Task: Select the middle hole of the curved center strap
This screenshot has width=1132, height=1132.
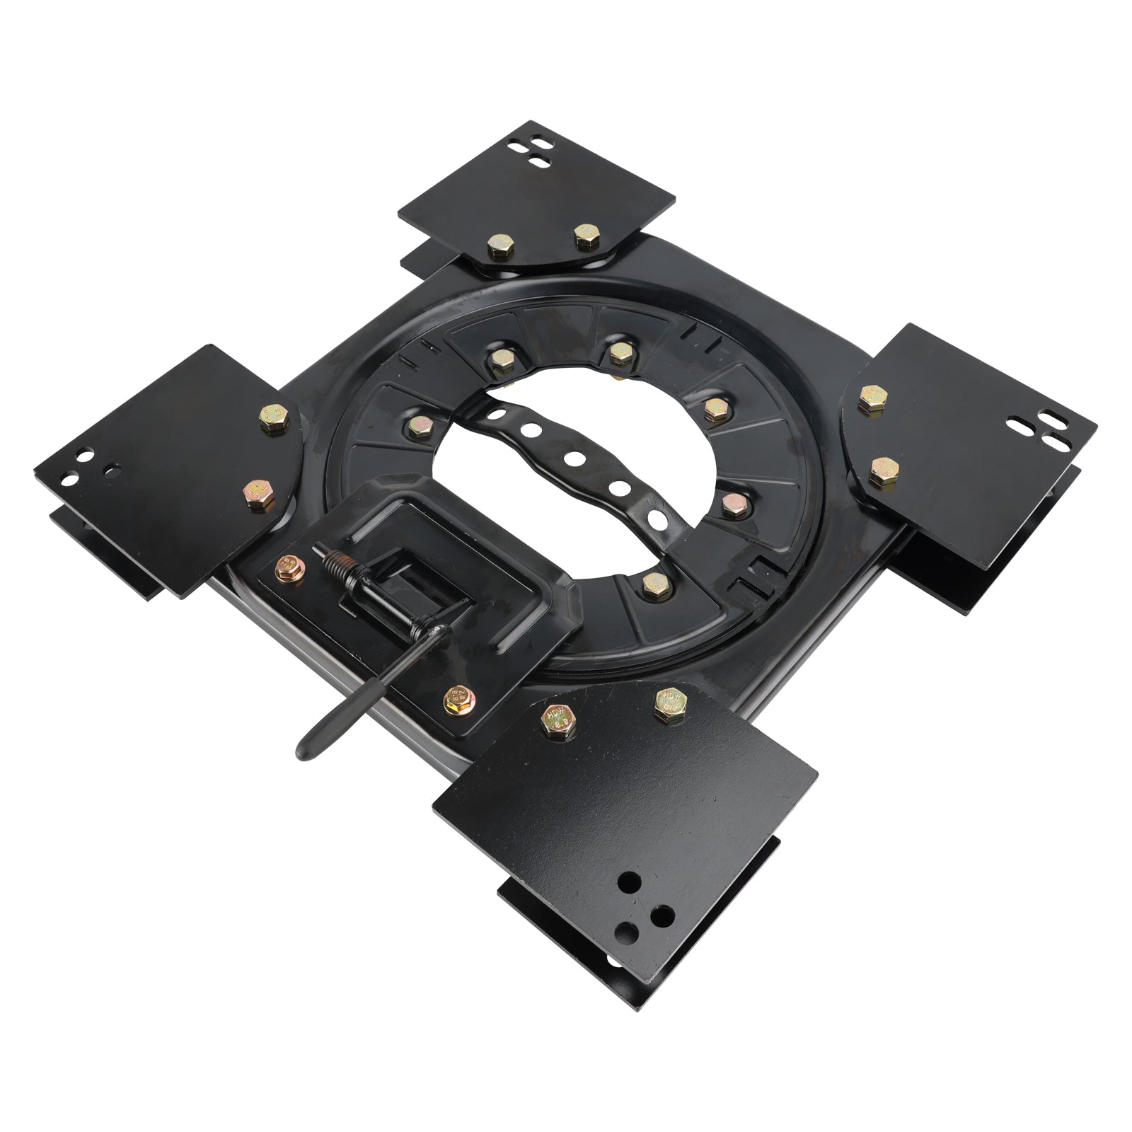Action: point(574,458)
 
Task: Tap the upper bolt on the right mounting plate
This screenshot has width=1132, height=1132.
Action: point(868,398)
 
